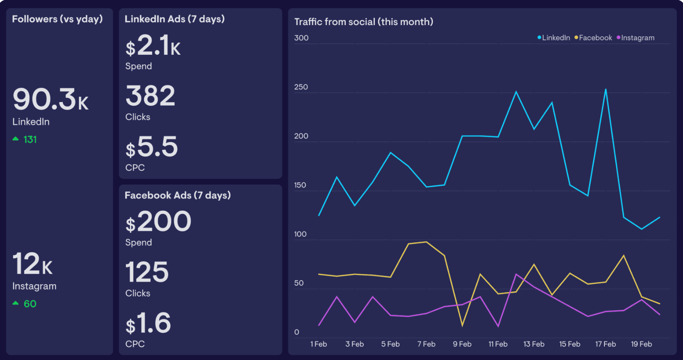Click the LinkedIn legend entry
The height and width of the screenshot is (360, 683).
554,38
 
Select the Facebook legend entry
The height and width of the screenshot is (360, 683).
593,38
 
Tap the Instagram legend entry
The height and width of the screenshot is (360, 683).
635,38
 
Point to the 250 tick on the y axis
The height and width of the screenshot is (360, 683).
301,87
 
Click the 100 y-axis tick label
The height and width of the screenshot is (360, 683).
300,234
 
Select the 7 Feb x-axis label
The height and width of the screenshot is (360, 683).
426,344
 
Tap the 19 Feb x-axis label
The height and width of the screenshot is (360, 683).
641,344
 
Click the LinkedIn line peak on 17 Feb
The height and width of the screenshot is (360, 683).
606,89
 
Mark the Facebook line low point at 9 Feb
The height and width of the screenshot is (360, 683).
462,326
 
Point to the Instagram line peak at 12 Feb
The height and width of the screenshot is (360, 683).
516,274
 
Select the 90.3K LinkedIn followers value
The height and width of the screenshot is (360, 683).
50,99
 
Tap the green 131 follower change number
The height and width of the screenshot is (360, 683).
30,139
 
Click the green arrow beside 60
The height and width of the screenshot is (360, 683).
15,303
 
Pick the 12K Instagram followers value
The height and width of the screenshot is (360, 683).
32,264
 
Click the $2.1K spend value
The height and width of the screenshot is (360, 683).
153,45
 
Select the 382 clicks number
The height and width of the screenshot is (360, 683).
150,96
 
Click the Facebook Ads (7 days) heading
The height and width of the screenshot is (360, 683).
178,195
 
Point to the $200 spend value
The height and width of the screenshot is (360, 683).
158,221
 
